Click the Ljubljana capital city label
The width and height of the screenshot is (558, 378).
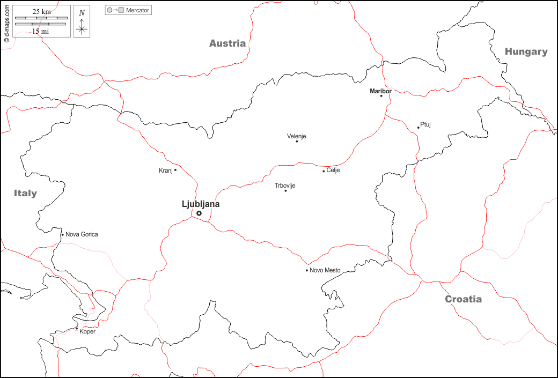[x=201, y=204]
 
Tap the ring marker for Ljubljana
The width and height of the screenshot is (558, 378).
[x=199, y=213]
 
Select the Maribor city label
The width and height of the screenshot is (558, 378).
[x=380, y=91]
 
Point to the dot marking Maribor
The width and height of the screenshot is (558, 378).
[x=381, y=96]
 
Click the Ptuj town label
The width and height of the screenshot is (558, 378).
[x=425, y=124]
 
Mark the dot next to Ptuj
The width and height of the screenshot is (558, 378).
[x=418, y=128]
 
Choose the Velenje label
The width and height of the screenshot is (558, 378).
[x=296, y=136]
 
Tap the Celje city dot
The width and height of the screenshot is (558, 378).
[x=324, y=171]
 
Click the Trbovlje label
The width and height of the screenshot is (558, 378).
[x=285, y=186]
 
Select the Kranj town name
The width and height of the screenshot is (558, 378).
[x=165, y=171]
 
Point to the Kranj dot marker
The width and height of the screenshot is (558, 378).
[x=175, y=170]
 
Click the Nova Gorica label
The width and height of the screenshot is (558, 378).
[x=82, y=234]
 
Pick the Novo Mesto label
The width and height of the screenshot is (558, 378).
[x=325, y=270]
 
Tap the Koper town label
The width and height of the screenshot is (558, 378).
[x=87, y=331]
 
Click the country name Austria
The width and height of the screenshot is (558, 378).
[x=227, y=43]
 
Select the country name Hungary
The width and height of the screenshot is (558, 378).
[x=526, y=51]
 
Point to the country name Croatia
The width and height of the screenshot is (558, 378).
[x=463, y=299]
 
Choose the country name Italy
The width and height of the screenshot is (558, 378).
[x=25, y=193]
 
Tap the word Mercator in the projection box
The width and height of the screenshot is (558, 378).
[x=138, y=10]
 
